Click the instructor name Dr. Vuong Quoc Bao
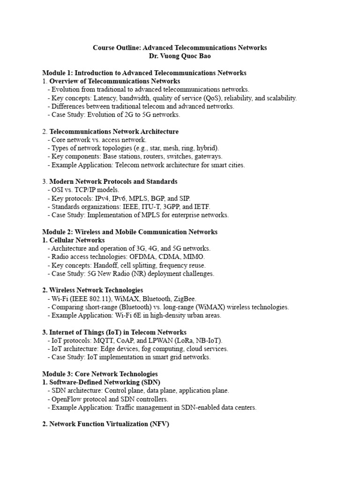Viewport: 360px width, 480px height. tap(180, 56)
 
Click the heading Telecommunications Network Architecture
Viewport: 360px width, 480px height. tap(114, 132)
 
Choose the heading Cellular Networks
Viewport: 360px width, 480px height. tap(77, 240)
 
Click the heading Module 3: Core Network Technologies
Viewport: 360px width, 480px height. tap(100, 374)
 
